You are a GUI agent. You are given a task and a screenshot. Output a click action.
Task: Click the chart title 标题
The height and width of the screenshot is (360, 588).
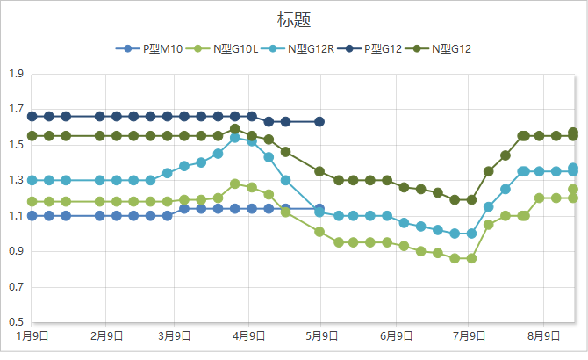click(x=293, y=19)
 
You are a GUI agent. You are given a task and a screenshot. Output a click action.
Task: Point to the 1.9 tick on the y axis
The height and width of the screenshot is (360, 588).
click(x=15, y=75)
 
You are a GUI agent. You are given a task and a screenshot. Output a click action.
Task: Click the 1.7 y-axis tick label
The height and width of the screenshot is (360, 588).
click(x=15, y=110)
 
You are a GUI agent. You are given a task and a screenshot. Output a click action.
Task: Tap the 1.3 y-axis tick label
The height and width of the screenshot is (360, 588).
click(x=15, y=181)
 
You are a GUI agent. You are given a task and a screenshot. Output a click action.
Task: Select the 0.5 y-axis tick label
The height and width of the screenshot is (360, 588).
click(x=15, y=322)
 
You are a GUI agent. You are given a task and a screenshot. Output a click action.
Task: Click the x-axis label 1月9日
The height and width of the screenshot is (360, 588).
click(x=32, y=335)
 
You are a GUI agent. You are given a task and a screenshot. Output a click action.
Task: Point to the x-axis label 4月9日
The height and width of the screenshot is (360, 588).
click(x=251, y=335)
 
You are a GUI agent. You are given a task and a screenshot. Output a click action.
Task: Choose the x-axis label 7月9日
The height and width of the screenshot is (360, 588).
click(x=470, y=335)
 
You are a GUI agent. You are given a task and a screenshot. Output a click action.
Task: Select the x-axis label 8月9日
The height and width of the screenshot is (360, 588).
click(x=544, y=335)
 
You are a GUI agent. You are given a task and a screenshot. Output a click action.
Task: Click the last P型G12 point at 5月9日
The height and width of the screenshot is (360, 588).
click(x=319, y=121)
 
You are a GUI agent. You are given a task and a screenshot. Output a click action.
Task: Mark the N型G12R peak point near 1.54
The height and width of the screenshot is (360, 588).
click(x=235, y=138)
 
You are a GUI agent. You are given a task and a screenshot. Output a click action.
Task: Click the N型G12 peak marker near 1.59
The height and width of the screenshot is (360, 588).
click(x=235, y=129)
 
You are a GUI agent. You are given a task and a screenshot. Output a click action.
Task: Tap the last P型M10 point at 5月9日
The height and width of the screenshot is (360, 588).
click(x=319, y=209)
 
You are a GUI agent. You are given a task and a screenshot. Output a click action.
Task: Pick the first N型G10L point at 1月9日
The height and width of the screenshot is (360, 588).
click(x=32, y=201)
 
